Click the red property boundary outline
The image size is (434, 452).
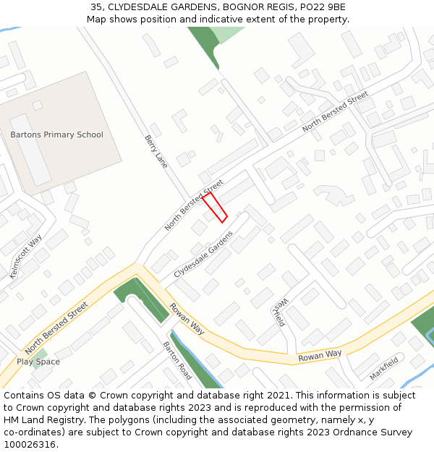pos(215,207)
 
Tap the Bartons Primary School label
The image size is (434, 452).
pos(56,135)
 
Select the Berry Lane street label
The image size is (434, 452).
pos(156,151)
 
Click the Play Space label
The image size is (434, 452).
pos(38,362)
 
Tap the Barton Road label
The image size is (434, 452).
pos(177,361)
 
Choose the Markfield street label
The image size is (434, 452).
pos(384,368)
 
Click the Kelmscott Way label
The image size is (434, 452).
pos(25,257)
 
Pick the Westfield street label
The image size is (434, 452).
pos(280,312)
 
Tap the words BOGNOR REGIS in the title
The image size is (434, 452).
pos(250,7)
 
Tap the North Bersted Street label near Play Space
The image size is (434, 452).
pos(56,328)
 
